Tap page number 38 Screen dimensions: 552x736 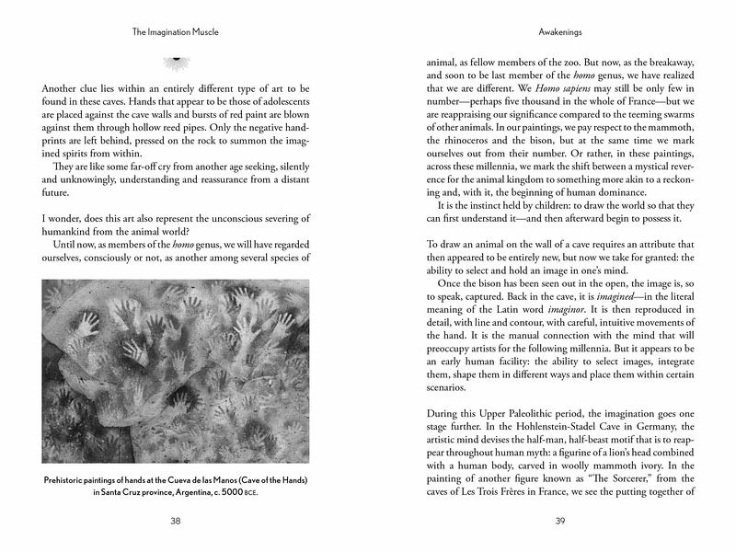point(177,520)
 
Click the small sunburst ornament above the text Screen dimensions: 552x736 point(176,61)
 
